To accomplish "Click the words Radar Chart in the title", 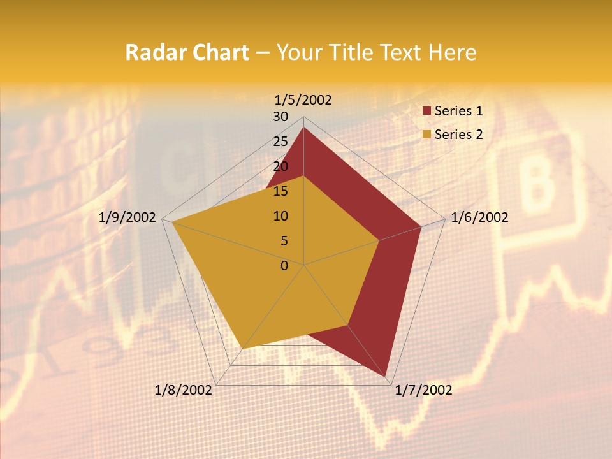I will tap(187, 53).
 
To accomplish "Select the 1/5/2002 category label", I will tap(303, 99).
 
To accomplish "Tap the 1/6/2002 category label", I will tap(479, 217).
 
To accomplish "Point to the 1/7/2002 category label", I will tap(423, 390).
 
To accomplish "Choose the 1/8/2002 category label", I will tap(184, 390).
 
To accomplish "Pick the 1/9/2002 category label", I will tap(127, 217).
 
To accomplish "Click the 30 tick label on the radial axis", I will tap(280, 117).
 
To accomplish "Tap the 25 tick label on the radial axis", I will tap(280, 142).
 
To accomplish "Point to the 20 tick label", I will tap(280, 166).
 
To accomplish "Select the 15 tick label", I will tap(280, 191).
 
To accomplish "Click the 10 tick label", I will tap(280, 216).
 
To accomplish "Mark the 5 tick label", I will tap(284, 241).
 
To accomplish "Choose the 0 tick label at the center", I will tap(284, 266).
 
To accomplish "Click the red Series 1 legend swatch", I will tap(427, 112).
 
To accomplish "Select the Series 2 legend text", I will tap(458, 135).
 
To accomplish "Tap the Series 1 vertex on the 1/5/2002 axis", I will tap(303, 127).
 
